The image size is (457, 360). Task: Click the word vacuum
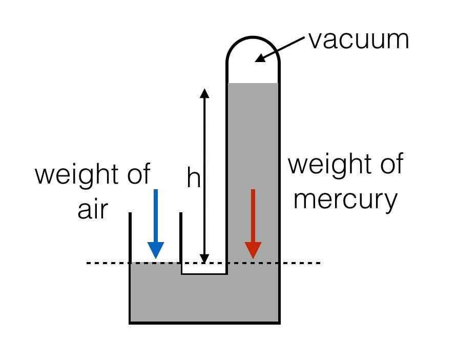coord(359,39)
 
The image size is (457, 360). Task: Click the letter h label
coord(193,178)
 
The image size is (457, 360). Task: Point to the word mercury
coord(346,199)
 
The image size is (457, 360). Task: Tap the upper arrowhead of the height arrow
coord(204,93)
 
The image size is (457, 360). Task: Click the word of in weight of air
coord(139,174)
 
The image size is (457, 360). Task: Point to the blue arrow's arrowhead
coord(155,250)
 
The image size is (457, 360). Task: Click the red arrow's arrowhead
coord(253,250)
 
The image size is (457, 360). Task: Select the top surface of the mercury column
coord(253,84)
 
